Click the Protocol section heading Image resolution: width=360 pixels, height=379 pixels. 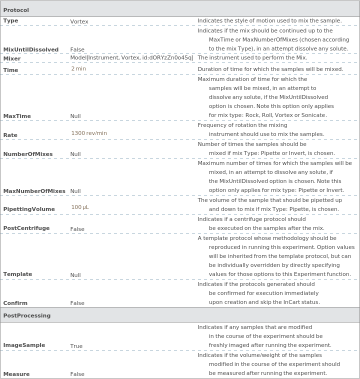click(16, 10)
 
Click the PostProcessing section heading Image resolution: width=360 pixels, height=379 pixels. click(27, 315)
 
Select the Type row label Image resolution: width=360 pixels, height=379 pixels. click(10, 21)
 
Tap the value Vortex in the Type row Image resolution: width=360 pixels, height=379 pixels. click(79, 21)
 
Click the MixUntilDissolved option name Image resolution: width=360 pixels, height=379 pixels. click(31, 49)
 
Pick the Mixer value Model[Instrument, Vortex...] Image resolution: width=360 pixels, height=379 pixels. click(131, 58)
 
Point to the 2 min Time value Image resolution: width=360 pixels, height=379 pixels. click(78, 69)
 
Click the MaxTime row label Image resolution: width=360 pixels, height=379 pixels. click(17, 116)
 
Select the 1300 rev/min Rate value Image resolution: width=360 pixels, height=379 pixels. click(89, 133)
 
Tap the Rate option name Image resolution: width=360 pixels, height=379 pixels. click(10, 135)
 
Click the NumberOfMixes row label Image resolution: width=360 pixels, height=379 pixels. click(28, 154)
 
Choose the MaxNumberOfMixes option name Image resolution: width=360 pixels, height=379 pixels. click(34, 191)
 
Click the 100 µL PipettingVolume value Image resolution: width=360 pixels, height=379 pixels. click(80, 207)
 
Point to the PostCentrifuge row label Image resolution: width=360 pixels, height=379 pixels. click(26, 228)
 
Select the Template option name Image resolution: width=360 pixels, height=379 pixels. click(17, 274)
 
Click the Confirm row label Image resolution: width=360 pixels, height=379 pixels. click(15, 303)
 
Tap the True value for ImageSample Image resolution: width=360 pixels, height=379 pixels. click(76, 346)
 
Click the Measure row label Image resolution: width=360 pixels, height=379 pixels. click(16, 374)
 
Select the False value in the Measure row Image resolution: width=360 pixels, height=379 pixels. click(77, 374)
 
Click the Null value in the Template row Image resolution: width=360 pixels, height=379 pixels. click(75, 275)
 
